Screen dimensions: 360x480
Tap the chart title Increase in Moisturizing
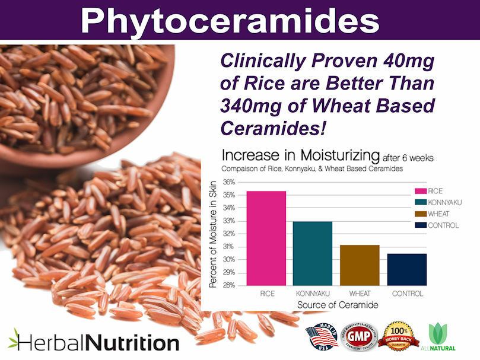(x=300, y=157)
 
